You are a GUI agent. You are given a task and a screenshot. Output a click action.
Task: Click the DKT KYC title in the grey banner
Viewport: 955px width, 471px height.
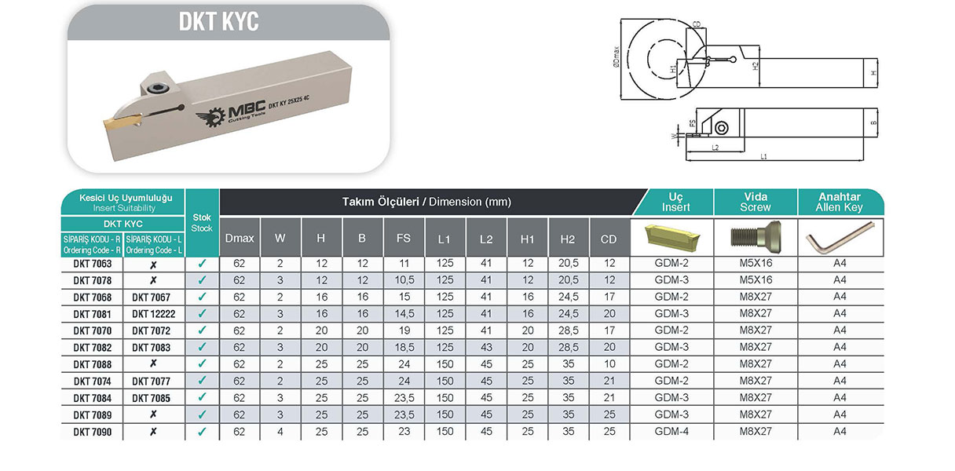point(218,21)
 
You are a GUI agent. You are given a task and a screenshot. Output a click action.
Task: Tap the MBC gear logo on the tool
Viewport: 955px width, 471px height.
point(211,117)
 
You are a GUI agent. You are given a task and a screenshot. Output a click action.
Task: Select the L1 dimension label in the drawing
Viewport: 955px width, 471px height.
point(763,157)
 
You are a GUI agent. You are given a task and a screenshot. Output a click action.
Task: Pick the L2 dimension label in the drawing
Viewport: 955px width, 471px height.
point(715,148)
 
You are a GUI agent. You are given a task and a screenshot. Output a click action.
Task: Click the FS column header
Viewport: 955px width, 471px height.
point(404,238)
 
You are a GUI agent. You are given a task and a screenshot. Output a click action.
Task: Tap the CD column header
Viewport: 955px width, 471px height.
point(609,239)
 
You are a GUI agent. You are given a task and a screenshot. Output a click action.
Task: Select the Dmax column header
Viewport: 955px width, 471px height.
point(240,239)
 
